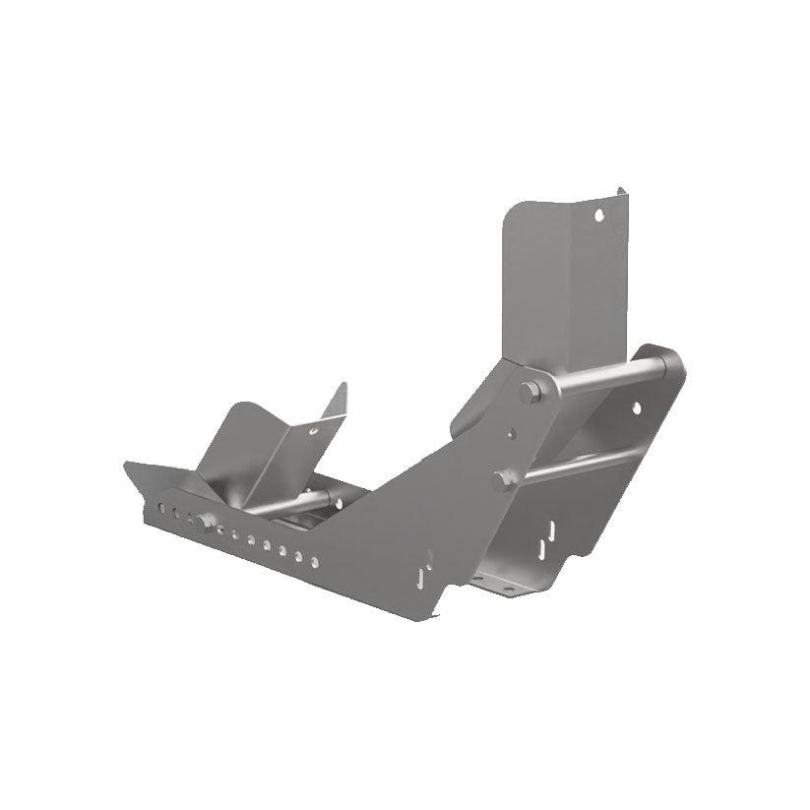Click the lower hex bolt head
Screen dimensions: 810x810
pyautogui.click(x=506, y=479)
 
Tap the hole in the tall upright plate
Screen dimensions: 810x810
pyautogui.click(x=596, y=214)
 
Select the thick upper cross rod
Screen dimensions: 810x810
pyautogui.click(x=604, y=375)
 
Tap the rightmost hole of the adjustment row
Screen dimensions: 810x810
pyautogui.click(x=315, y=562)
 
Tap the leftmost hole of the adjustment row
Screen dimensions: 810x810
pyautogui.click(x=160, y=508)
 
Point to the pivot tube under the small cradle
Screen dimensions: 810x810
pyautogui.click(x=295, y=504)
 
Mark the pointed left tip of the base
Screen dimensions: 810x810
pyautogui.click(x=128, y=465)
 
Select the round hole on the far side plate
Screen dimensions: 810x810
pyautogui.click(x=636, y=407)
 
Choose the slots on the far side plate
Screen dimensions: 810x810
pyautogui.click(x=546, y=536)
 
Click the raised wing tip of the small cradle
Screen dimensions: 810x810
pyautogui.click(x=342, y=388)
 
